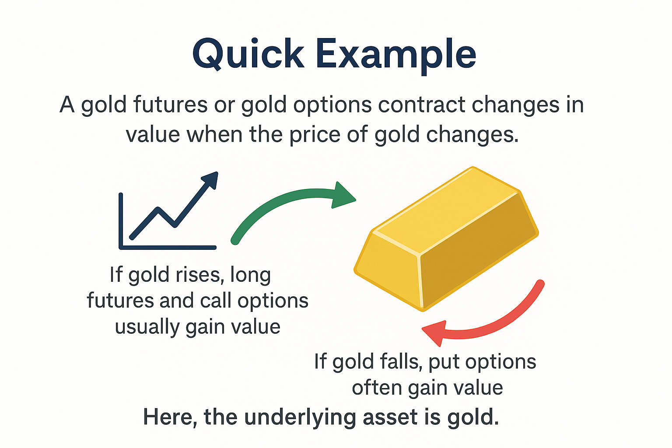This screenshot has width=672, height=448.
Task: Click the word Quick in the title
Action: (248, 55)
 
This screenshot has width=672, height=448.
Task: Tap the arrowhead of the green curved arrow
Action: (343, 196)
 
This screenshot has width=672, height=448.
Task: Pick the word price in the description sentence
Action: (315, 135)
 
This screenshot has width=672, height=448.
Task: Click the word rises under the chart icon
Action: (197, 275)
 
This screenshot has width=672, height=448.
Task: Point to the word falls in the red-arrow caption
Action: (401, 362)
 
